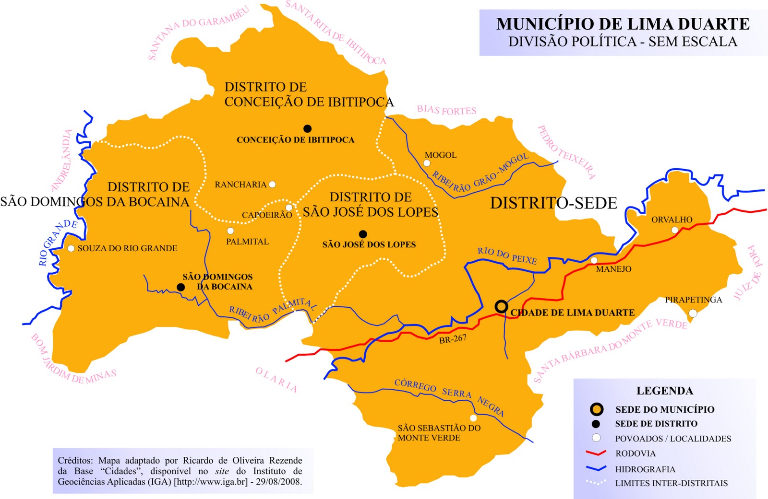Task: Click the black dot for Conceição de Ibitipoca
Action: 308,128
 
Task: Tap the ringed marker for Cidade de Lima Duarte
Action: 502,306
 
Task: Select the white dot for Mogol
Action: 427,163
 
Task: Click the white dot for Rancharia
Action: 272,184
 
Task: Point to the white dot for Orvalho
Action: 674,230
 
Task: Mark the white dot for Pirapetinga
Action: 693,313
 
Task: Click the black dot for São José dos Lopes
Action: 363,234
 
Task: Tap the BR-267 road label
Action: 453,339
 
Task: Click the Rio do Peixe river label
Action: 507,255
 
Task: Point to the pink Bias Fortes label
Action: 446,110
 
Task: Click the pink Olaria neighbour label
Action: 276,380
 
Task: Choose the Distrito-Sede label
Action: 553,203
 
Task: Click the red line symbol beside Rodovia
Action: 596,453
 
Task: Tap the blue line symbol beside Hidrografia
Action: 596,468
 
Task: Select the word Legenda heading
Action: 665,391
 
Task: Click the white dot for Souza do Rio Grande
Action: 71,248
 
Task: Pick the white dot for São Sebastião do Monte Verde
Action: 473,418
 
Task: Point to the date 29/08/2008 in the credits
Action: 278,482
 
